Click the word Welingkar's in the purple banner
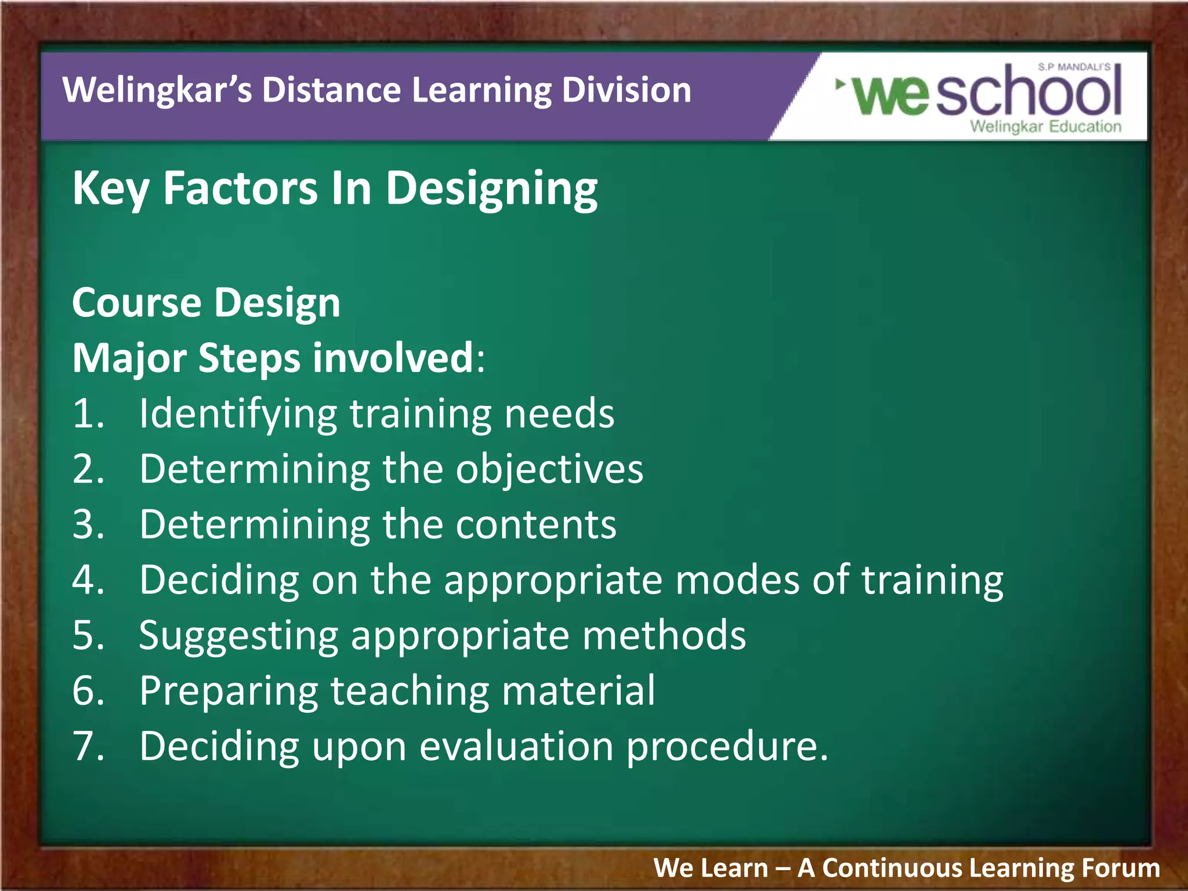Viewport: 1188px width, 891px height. pos(157,91)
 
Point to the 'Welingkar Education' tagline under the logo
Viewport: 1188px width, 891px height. pos(1045,126)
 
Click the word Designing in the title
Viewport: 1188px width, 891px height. pos(491,189)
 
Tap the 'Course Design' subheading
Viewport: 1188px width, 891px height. pos(206,303)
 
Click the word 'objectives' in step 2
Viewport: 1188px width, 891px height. pos(549,469)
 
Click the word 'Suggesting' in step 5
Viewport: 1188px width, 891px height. pos(238,636)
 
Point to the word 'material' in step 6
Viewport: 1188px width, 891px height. pos(578,690)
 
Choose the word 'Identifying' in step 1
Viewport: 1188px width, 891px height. pos(238,414)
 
